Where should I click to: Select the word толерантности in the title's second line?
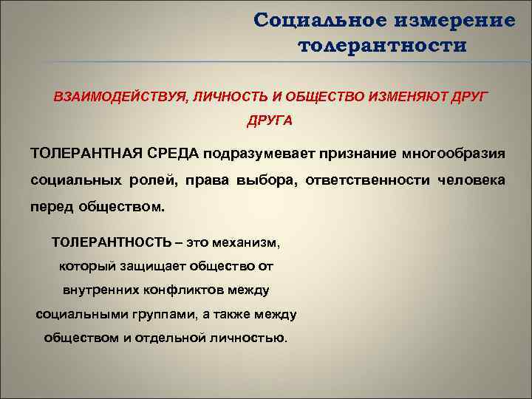tap(383, 46)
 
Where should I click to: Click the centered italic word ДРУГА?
tap(270, 120)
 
